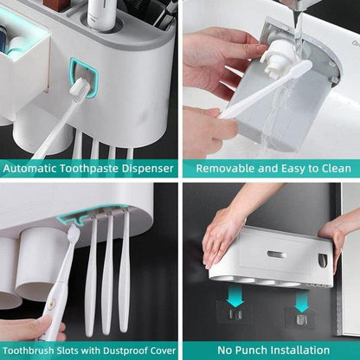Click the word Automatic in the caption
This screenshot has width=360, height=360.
[x=29, y=168]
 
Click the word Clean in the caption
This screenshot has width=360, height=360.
[x=335, y=168]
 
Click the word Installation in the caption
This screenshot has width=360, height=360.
[x=299, y=350]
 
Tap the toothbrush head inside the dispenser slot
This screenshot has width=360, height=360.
[x=79, y=88]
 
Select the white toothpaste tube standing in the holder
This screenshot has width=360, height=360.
[x=100, y=14]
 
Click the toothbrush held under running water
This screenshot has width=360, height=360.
[x=266, y=89]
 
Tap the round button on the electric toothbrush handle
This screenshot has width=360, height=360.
[x=52, y=305]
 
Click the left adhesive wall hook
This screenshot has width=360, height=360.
[x=235, y=314]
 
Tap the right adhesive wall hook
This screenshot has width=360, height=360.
[x=301, y=319]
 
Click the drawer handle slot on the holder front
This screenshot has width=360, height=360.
[x=276, y=254]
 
